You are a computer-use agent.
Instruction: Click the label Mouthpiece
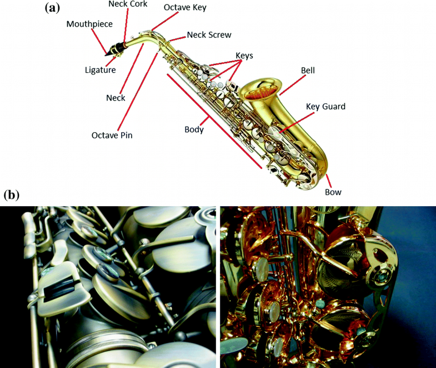89,24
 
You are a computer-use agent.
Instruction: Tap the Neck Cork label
128,4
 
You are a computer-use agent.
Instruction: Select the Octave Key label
185,8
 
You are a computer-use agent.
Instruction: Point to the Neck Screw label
209,35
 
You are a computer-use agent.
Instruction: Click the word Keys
244,56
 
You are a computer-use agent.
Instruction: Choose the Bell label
308,71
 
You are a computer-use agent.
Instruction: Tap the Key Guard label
325,107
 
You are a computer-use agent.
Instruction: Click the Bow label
333,192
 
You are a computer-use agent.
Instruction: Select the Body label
194,130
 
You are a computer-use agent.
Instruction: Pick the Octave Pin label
112,135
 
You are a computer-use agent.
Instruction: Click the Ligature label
101,70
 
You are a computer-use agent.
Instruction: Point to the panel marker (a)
52,8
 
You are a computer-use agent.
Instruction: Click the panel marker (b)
12,196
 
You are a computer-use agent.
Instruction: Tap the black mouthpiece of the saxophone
114,49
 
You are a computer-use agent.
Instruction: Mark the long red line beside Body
214,121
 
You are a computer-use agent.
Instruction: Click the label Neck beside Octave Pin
116,98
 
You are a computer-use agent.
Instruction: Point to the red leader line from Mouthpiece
99,41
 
